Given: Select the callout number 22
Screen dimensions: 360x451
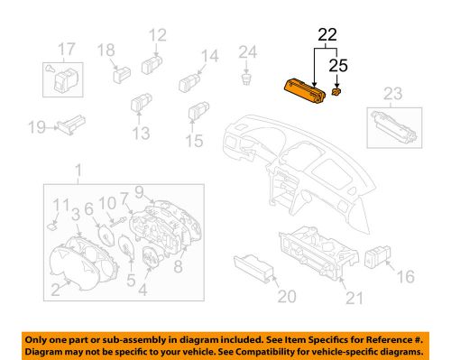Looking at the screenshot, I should (327, 37).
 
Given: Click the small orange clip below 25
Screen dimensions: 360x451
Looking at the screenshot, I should (336, 92).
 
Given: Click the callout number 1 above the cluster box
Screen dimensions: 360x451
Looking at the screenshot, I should (78, 169).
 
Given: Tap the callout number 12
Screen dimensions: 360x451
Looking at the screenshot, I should (158, 36).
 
